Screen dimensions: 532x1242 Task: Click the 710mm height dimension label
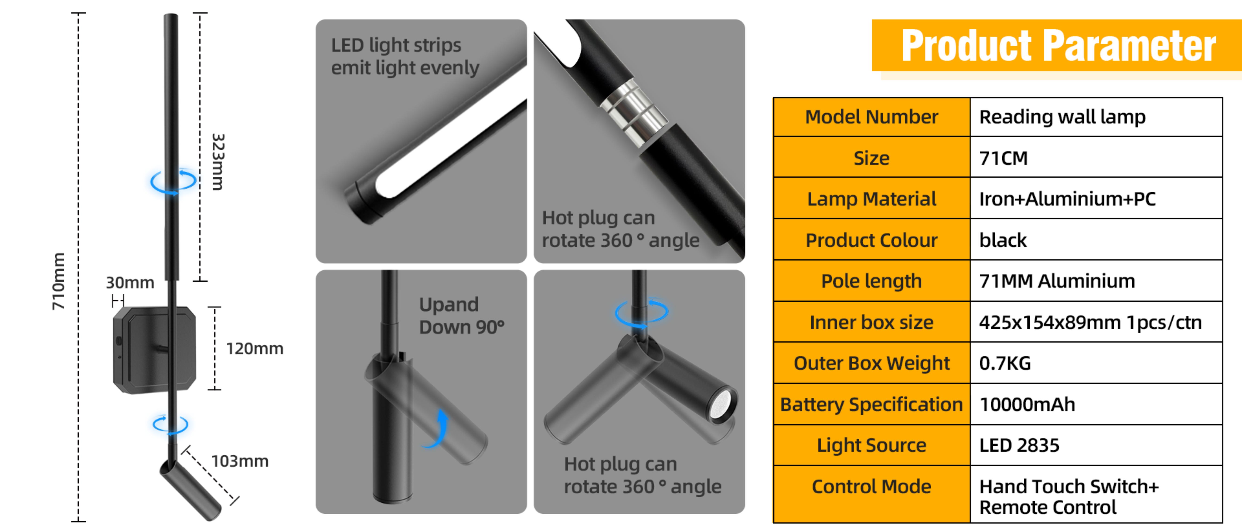click(58, 281)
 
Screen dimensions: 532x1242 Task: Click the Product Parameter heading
click(1058, 46)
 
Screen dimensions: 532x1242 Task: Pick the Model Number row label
click(871, 117)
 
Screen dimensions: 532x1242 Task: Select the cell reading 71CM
click(1003, 158)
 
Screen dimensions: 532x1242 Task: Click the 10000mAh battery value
click(1027, 404)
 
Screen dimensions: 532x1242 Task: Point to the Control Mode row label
click(871, 487)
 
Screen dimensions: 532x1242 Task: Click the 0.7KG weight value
click(1005, 363)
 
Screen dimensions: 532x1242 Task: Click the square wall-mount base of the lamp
click(154, 349)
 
